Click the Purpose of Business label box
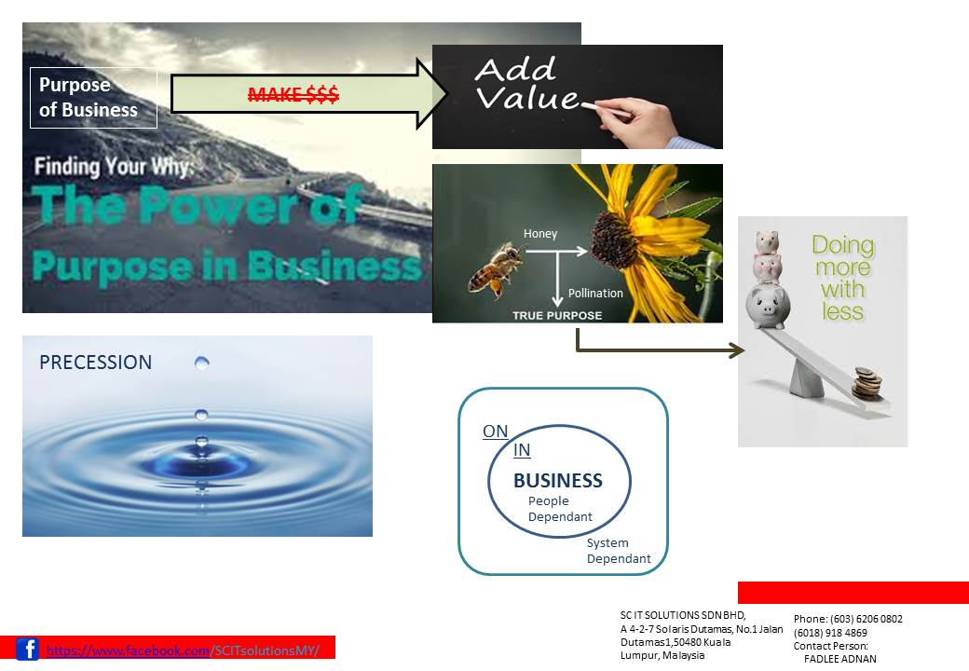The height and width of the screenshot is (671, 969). pos(93,97)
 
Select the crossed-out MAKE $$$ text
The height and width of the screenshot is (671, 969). pos(293,94)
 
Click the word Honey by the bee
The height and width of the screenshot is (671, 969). pos(540,234)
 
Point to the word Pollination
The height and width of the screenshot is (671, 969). pos(595,293)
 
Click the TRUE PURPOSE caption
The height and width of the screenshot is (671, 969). pos(557,315)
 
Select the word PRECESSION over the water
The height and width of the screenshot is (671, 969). pos(95,363)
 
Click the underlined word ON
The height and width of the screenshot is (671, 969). pos(495,431)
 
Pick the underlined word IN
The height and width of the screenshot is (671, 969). pos(522,451)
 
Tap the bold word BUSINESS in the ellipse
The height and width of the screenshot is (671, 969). pos(558,481)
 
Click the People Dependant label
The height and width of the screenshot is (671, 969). pos(560,509)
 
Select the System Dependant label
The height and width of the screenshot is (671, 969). pos(619,551)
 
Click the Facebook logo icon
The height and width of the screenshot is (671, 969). pos(28,649)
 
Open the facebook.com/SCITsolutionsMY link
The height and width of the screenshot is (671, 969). pos(183,650)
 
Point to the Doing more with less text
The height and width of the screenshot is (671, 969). pos(843,278)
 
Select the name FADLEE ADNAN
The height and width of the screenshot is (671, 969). pos(839,659)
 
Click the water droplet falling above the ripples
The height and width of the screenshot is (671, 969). pos(202,363)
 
